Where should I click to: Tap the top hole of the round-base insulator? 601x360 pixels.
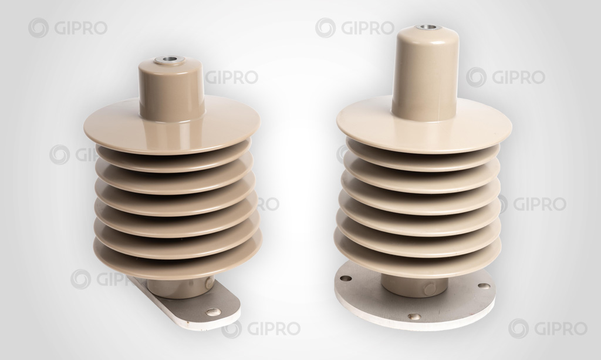pyautogui.click(x=424, y=27)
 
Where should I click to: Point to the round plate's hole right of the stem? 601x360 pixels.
pyautogui.click(x=484, y=286)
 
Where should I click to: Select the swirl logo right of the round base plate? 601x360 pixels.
pyautogui.click(x=518, y=328)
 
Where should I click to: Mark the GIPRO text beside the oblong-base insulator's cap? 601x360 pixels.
pyautogui.click(x=231, y=78)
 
